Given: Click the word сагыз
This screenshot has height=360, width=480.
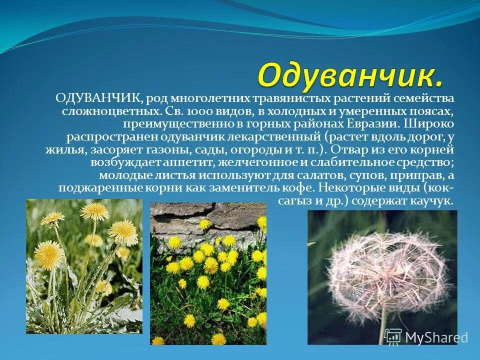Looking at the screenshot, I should (295, 201).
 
